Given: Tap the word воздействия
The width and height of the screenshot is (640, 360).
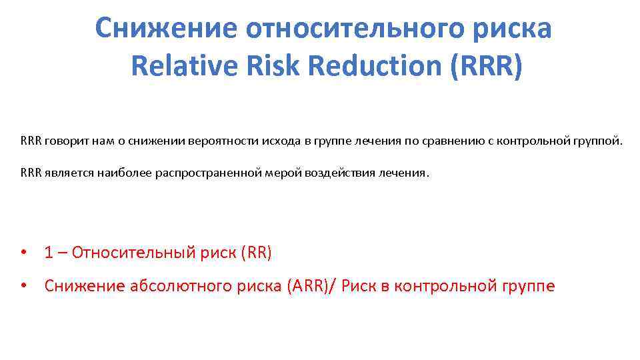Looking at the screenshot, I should point(341,173).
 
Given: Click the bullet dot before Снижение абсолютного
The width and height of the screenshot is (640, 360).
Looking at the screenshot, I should point(23,286).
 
